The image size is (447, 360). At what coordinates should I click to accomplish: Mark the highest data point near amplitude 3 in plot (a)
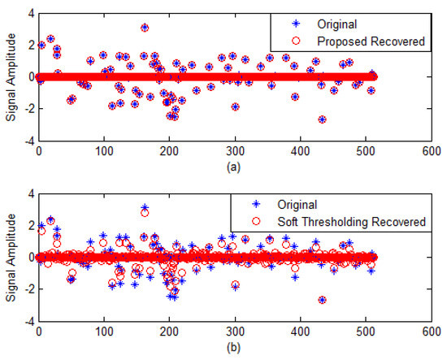[145, 28]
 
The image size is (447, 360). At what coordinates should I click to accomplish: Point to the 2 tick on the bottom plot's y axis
[29, 225]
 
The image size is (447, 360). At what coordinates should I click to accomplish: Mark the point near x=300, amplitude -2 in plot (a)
[235, 107]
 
